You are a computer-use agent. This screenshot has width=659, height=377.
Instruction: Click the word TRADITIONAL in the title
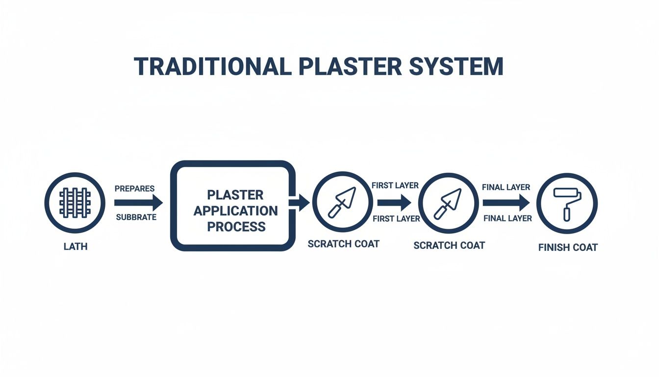(x=212, y=66)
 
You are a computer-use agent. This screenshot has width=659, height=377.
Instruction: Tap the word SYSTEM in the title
(x=456, y=66)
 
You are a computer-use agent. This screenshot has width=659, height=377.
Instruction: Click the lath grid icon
(x=75, y=202)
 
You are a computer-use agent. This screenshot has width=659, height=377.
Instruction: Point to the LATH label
(x=76, y=246)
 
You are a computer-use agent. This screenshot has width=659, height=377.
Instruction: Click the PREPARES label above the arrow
(x=134, y=188)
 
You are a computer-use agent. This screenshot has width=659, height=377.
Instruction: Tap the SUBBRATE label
(x=136, y=217)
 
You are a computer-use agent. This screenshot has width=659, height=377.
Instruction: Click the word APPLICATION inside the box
(x=235, y=211)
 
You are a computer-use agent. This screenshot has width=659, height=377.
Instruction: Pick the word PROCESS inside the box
(x=236, y=226)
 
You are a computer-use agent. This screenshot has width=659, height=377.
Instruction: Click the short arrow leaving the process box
(x=300, y=202)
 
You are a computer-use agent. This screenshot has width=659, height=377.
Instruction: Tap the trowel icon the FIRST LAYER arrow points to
(x=448, y=202)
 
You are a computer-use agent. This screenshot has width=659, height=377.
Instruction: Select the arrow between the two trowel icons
(x=394, y=202)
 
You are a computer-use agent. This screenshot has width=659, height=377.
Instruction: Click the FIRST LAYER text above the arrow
(x=395, y=186)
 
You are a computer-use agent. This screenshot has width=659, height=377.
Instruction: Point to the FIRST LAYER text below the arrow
(x=396, y=218)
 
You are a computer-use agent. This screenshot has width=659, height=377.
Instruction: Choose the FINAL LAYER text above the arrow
(x=506, y=187)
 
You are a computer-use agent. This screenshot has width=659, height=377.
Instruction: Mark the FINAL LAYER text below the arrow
(x=507, y=218)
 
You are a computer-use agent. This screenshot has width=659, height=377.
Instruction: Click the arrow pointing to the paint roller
(x=506, y=202)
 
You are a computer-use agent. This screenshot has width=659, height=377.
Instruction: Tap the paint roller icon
(x=567, y=203)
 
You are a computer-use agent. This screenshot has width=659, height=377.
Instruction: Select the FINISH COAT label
(x=568, y=247)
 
